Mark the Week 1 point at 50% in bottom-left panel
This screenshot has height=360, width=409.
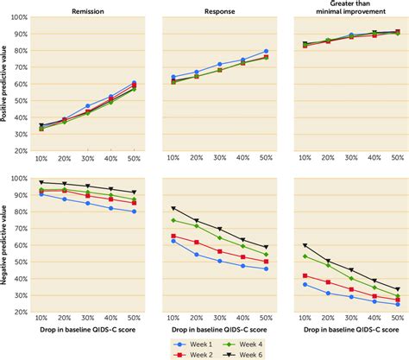(x=134, y=212)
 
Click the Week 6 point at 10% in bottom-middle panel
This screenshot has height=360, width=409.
(x=173, y=208)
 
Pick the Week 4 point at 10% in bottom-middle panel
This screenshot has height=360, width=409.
(x=173, y=220)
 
